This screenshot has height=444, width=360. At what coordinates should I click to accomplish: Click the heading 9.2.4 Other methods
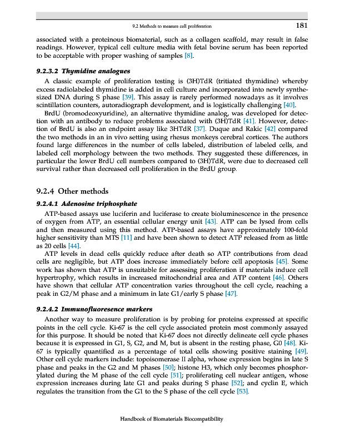coord(69,191)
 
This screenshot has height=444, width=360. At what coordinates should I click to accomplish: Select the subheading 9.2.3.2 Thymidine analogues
coord(83,71)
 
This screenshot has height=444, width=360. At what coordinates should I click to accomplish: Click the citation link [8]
coord(189,56)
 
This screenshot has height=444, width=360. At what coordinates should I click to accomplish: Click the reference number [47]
coord(231,293)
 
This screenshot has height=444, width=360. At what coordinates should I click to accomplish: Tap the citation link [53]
coord(242,392)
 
